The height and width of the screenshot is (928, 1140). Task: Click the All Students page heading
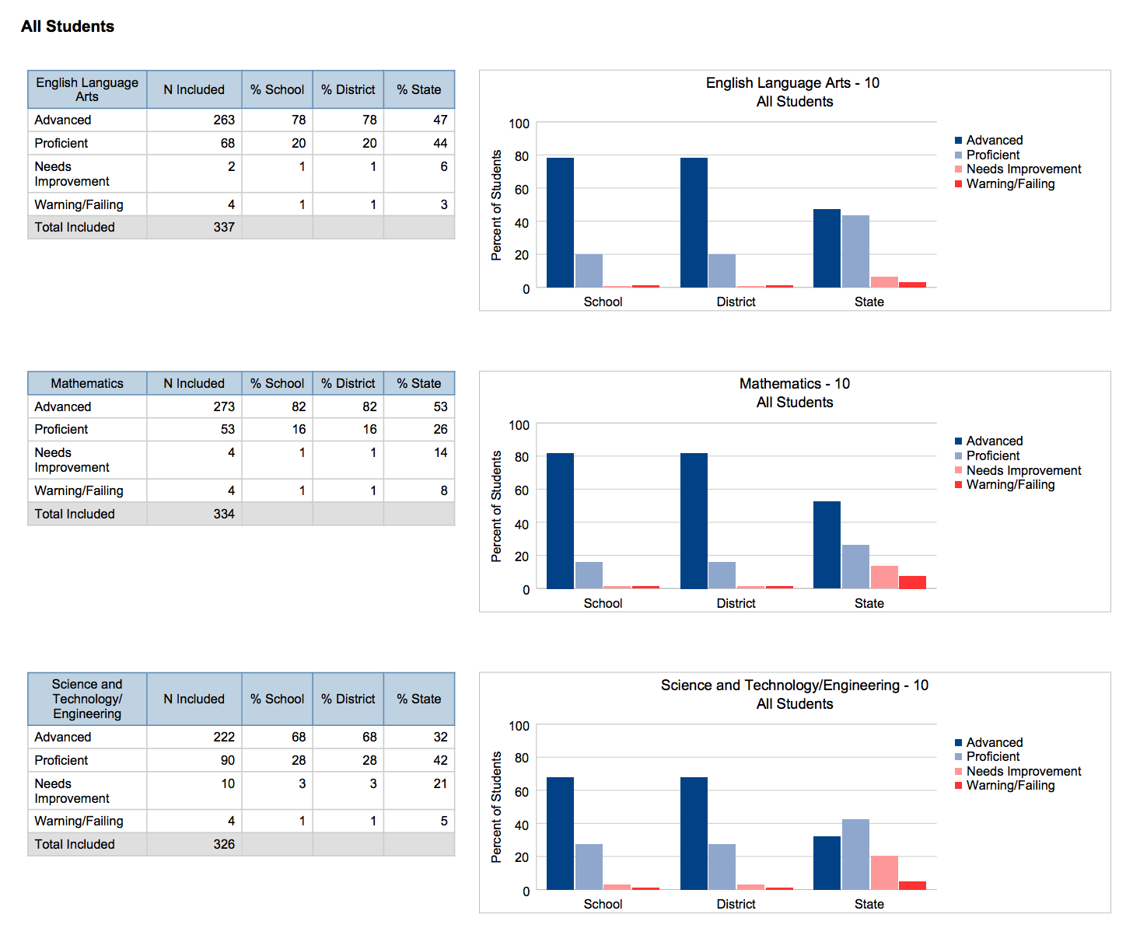(x=68, y=26)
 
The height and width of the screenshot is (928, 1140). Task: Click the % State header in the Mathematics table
(x=418, y=383)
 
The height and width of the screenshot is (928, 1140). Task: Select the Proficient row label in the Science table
(x=61, y=760)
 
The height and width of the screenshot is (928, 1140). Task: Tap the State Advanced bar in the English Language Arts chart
(x=827, y=249)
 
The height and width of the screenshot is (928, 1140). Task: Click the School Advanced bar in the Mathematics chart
(x=560, y=521)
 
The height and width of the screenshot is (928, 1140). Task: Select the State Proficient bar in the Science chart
(x=855, y=855)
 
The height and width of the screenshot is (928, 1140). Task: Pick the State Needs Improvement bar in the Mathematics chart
(x=884, y=577)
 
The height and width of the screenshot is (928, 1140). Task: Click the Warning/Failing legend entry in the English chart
(x=1010, y=184)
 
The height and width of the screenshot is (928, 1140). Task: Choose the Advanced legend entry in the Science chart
(x=994, y=742)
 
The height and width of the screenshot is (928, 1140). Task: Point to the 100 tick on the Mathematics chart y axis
(x=519, y=425)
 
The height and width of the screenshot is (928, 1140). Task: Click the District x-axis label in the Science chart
(x=736, y=904)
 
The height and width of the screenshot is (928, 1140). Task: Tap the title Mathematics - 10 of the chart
(x=794, y=384)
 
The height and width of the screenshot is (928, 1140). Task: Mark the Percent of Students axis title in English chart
(x=496, y=205)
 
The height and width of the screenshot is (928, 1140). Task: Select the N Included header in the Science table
(x=194, y=699)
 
